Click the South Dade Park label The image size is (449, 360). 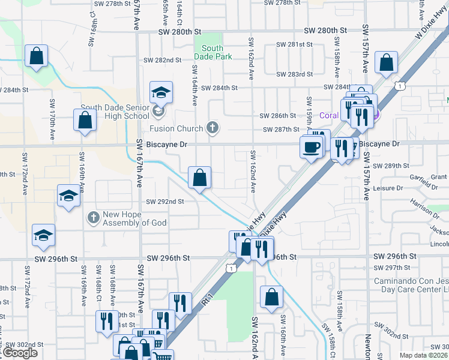[x=212, y=52]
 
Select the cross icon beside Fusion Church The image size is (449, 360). [x=211, y=128]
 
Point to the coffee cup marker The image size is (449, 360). [x=311, y=146]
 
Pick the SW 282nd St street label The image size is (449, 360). [x=164, y=60]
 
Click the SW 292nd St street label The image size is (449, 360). [x=164, y=202]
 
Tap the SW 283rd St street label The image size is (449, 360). [x=295, y=74]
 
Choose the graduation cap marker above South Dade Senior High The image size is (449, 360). [x=161, y=93]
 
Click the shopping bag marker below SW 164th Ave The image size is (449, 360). [x=199, y=178]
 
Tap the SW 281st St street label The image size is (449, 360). [x=295, y=44]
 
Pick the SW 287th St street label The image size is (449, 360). [x=280, y=129]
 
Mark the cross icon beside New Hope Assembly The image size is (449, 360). [x=93, y=216]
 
